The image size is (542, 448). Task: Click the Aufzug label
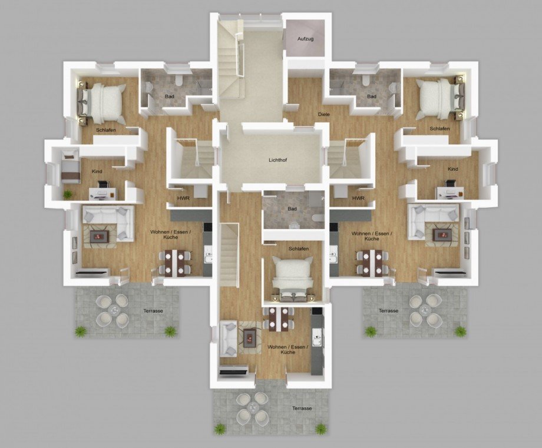pos(306,39)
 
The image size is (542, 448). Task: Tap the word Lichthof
pos(277,160)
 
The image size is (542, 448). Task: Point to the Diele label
pos(324,114)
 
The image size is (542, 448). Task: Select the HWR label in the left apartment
pos(183,198)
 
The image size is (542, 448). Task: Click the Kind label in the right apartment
pos(452,169)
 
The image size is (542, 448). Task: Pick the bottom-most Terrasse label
pos(302,409)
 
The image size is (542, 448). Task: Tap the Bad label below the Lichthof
pos(292,209)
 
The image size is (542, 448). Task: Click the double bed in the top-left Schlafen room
pos(102,102)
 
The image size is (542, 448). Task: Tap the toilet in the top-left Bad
pos(179,81)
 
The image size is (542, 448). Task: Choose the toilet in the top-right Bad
pos(365,81)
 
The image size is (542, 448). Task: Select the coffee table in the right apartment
pos(442,234)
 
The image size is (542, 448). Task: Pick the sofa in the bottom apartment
pos(228,339)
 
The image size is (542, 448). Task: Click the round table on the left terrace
pos(113,310)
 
